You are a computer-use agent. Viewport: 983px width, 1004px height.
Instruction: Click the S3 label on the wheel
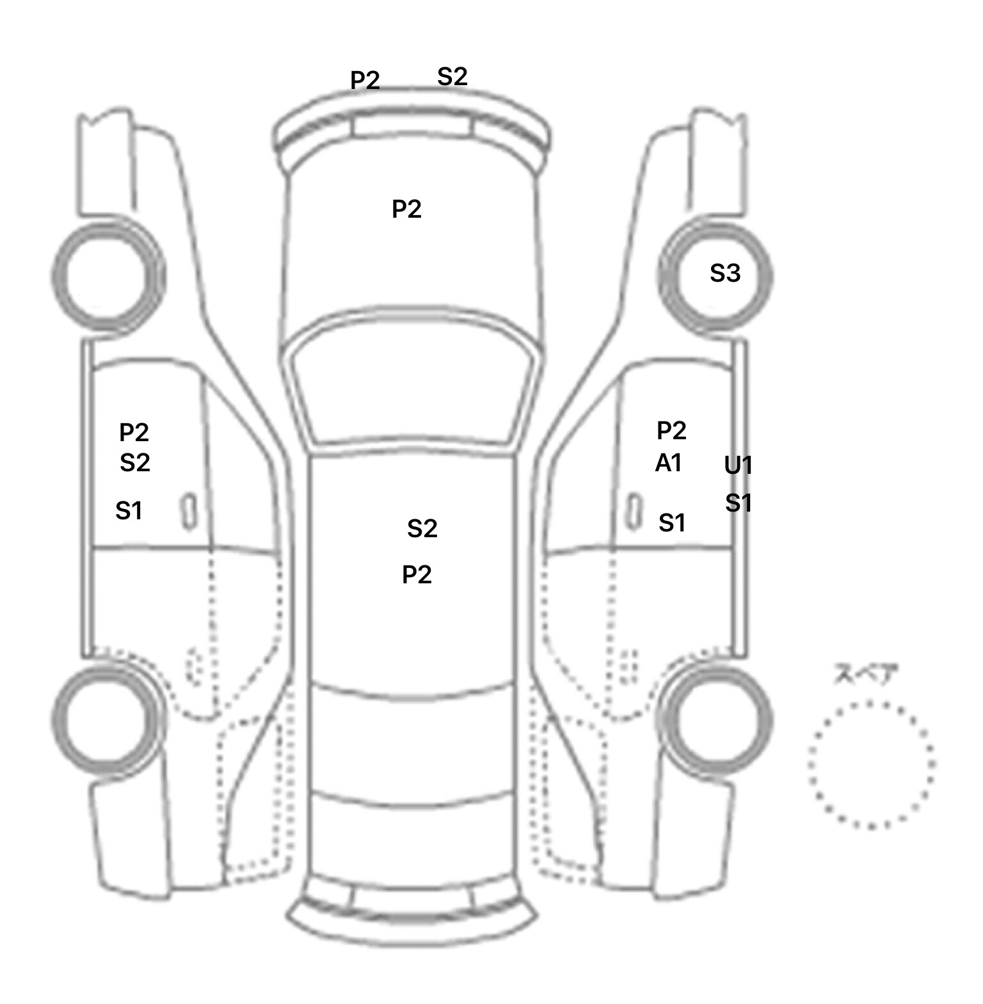click(x=725, y=273)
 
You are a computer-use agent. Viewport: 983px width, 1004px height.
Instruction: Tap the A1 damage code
click(x=669, y=463)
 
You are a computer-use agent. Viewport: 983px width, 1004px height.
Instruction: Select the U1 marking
click(x=738, y=466)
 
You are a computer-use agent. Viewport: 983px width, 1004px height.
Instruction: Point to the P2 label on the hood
click(x=406, y=209)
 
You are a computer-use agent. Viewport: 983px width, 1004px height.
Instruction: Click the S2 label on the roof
click(x=422, y=528)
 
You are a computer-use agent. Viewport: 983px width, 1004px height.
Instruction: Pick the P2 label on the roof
click(x=417, y=574)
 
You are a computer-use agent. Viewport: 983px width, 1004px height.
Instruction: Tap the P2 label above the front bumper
click(x=365, y=80)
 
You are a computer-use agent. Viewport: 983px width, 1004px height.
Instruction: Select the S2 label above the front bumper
click(x=452, y=77)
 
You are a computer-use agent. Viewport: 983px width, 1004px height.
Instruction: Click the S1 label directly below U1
click(x=739, y=503)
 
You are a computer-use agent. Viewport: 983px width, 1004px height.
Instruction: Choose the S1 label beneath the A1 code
click(x=672, y=523)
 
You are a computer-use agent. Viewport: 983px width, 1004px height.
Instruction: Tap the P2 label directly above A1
click(x=671, y=430)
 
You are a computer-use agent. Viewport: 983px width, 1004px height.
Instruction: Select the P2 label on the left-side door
click(x=134, y=433)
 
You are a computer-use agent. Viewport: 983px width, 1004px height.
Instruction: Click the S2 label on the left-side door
click(x=135, y=462)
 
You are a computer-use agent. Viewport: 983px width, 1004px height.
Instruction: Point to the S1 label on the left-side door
click(x=129, y=511)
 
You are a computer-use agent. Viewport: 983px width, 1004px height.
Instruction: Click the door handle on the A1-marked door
click(x=634, y=512)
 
